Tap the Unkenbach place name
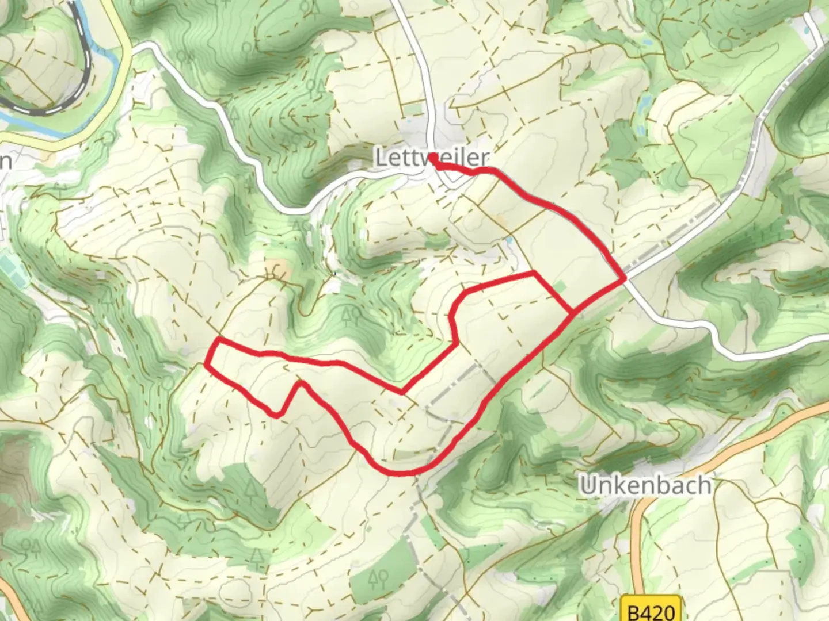645,485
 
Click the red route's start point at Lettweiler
432,164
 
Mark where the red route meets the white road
625,278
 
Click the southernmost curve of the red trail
401,473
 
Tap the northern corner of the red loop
534,272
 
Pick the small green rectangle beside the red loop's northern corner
559,286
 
